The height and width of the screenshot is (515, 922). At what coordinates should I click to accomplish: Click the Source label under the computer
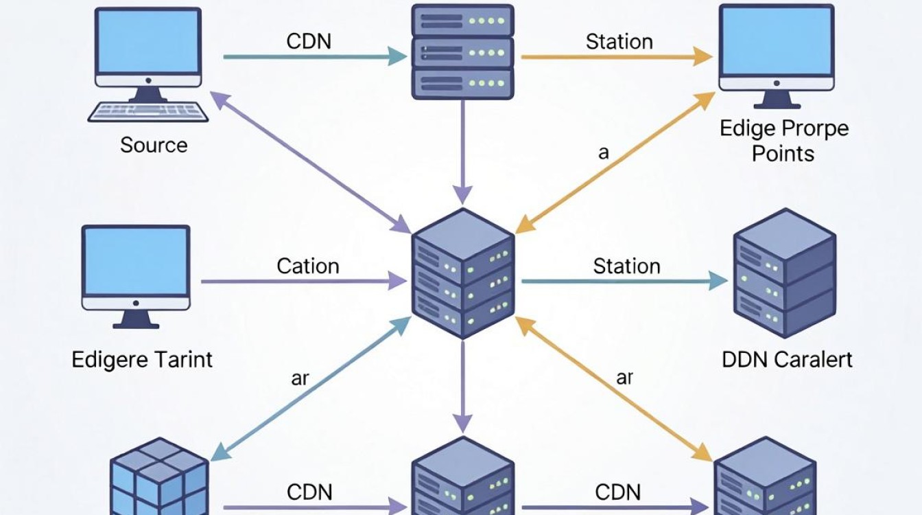(x=154, y=145)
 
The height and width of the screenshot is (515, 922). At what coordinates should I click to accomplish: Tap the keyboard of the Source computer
(x=148, y=112)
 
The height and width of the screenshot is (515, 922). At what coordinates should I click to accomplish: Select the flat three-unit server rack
(x=462, y=52)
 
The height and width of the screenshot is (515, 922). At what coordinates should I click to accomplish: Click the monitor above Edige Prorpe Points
(x=777, y=56)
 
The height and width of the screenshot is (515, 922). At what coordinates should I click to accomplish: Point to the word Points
(x=783, y=154)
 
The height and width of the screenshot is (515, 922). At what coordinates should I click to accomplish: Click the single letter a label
(x=604, y=153)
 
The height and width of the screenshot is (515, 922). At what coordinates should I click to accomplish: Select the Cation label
(x=308, y=266)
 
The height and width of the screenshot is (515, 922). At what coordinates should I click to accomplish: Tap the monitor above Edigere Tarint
(x=136, y=277)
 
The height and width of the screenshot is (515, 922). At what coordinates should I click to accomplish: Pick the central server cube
(x=463, y=273)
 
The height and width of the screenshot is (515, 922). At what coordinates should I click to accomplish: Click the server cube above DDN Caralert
(x=785, y=273)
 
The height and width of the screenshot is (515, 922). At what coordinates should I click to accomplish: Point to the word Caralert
(x=813, y=360)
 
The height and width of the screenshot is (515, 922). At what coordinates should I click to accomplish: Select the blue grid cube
(x=159, y=477)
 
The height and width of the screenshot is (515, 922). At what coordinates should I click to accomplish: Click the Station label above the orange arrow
(x=619, y=42)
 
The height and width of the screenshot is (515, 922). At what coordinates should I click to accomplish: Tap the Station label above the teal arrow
(x=626, y=266)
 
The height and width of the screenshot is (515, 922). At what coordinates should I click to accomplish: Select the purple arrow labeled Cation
(x=304, y=282)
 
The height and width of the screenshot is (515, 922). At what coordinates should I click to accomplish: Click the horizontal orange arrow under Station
(x=617, y=57)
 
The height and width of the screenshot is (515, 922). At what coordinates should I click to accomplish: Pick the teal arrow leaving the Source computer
(x=316, y=56)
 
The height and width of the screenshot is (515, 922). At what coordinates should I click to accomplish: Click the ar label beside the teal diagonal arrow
(x=300, y=378)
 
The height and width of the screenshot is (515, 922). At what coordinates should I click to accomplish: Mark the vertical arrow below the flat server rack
(x=463, y=152)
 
